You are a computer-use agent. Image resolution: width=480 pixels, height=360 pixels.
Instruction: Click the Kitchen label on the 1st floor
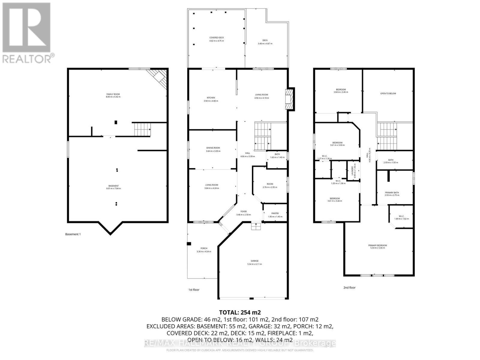coord(211,98)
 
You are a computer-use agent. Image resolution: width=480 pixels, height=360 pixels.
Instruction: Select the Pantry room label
coord(275,213)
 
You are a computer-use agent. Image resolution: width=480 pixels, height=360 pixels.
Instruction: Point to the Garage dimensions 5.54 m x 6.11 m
coord(254,264)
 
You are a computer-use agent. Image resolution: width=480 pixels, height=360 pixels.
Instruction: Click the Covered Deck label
coord(216,38)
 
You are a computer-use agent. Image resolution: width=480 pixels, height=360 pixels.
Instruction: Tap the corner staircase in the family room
coord(159,77)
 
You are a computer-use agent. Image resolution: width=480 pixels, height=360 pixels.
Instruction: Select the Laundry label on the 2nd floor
coord(353,172)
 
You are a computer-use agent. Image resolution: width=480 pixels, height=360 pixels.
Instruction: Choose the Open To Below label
coord(388,94)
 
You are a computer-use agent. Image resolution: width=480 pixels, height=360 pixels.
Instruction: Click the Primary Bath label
coord(392,193)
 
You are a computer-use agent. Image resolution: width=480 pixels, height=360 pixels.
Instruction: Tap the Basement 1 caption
coord(73,234)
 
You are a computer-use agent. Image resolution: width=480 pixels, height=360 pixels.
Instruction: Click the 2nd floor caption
coord(349,287)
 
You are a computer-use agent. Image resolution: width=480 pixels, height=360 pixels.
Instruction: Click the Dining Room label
coord(213,148)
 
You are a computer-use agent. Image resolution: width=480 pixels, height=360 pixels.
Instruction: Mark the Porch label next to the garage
coord(204,248)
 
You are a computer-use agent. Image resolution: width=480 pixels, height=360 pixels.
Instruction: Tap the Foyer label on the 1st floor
coord(243,211)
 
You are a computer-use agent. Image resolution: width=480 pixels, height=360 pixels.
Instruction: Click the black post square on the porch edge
coord(189,244)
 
